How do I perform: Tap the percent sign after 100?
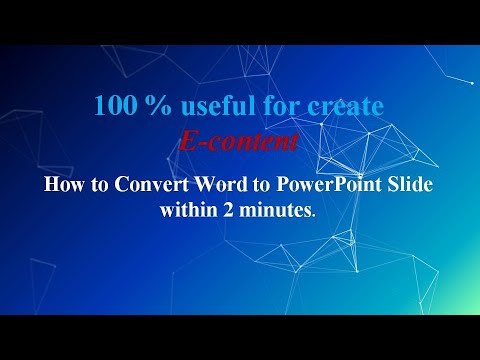(x=149, y=105)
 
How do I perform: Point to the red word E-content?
(x=240, y=142)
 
